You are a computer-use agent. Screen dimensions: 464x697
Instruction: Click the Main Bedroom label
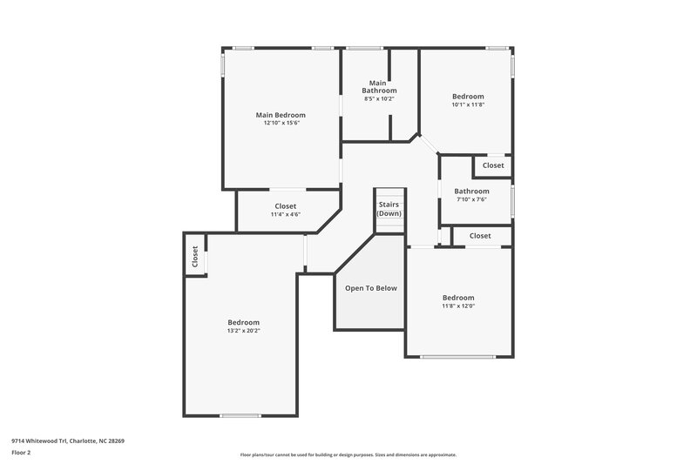click(x=280, y=115)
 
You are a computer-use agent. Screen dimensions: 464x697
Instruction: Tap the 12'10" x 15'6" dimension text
click(x=280, y=124)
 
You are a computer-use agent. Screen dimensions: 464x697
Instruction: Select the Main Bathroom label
click(x=379, y=87)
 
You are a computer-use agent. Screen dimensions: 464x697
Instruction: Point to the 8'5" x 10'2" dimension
click(x=379, y=99)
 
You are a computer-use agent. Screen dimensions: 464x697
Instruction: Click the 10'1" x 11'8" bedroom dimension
click(x=467, y=104)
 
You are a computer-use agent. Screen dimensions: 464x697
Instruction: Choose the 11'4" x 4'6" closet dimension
click(x=285, y=214)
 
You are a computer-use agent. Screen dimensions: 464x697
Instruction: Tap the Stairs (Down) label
click(x=389, y=208)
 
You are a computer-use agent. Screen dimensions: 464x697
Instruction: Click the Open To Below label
click(x=370, y=288)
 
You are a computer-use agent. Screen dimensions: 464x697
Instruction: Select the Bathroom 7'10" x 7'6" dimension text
click(x=471, y=199)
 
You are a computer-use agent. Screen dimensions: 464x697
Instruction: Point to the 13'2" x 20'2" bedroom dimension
click(x=243, y=331)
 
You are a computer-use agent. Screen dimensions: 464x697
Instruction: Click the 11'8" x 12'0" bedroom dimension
click(x=457, y=306)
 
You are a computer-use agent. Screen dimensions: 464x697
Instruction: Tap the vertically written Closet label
click(x=195, y=257)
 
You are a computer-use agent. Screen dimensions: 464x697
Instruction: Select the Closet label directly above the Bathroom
click(x=492, y=165)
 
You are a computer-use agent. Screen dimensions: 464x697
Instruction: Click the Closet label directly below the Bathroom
click(x=479, y=236)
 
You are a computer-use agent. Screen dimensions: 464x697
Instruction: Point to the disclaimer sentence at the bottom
click(x=348, y=454)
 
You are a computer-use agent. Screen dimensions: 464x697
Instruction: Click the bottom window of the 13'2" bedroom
click(x=240, y=415)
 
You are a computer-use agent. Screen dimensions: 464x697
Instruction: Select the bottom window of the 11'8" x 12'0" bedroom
click(x=459, y=357)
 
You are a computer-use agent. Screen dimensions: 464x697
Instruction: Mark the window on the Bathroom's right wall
click(x=512, y=199)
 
